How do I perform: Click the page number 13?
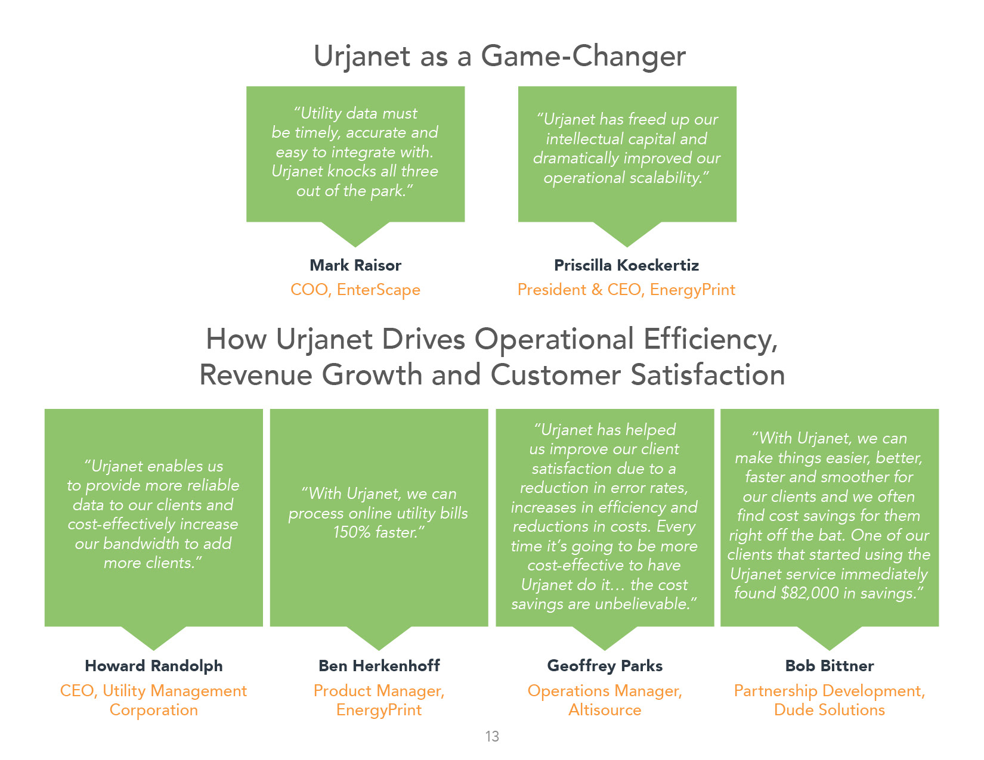[492, 737]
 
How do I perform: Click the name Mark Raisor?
[355, 265]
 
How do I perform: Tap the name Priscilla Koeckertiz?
[627, 265]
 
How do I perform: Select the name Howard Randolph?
[153, 666]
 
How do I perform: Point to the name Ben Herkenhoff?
[379, 666]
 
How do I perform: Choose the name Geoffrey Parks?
[605, 666]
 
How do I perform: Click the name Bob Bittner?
[829, 666]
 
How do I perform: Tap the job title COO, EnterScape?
[355, 290]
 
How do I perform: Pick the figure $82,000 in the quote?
[810, 594]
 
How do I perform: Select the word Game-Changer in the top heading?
[583, 57]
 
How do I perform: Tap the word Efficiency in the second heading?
[710, 340]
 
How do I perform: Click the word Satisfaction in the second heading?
[708, 376]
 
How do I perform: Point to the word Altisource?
[605, 710]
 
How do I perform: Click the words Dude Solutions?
[829, 710]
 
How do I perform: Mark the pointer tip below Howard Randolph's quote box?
[153, 650]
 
